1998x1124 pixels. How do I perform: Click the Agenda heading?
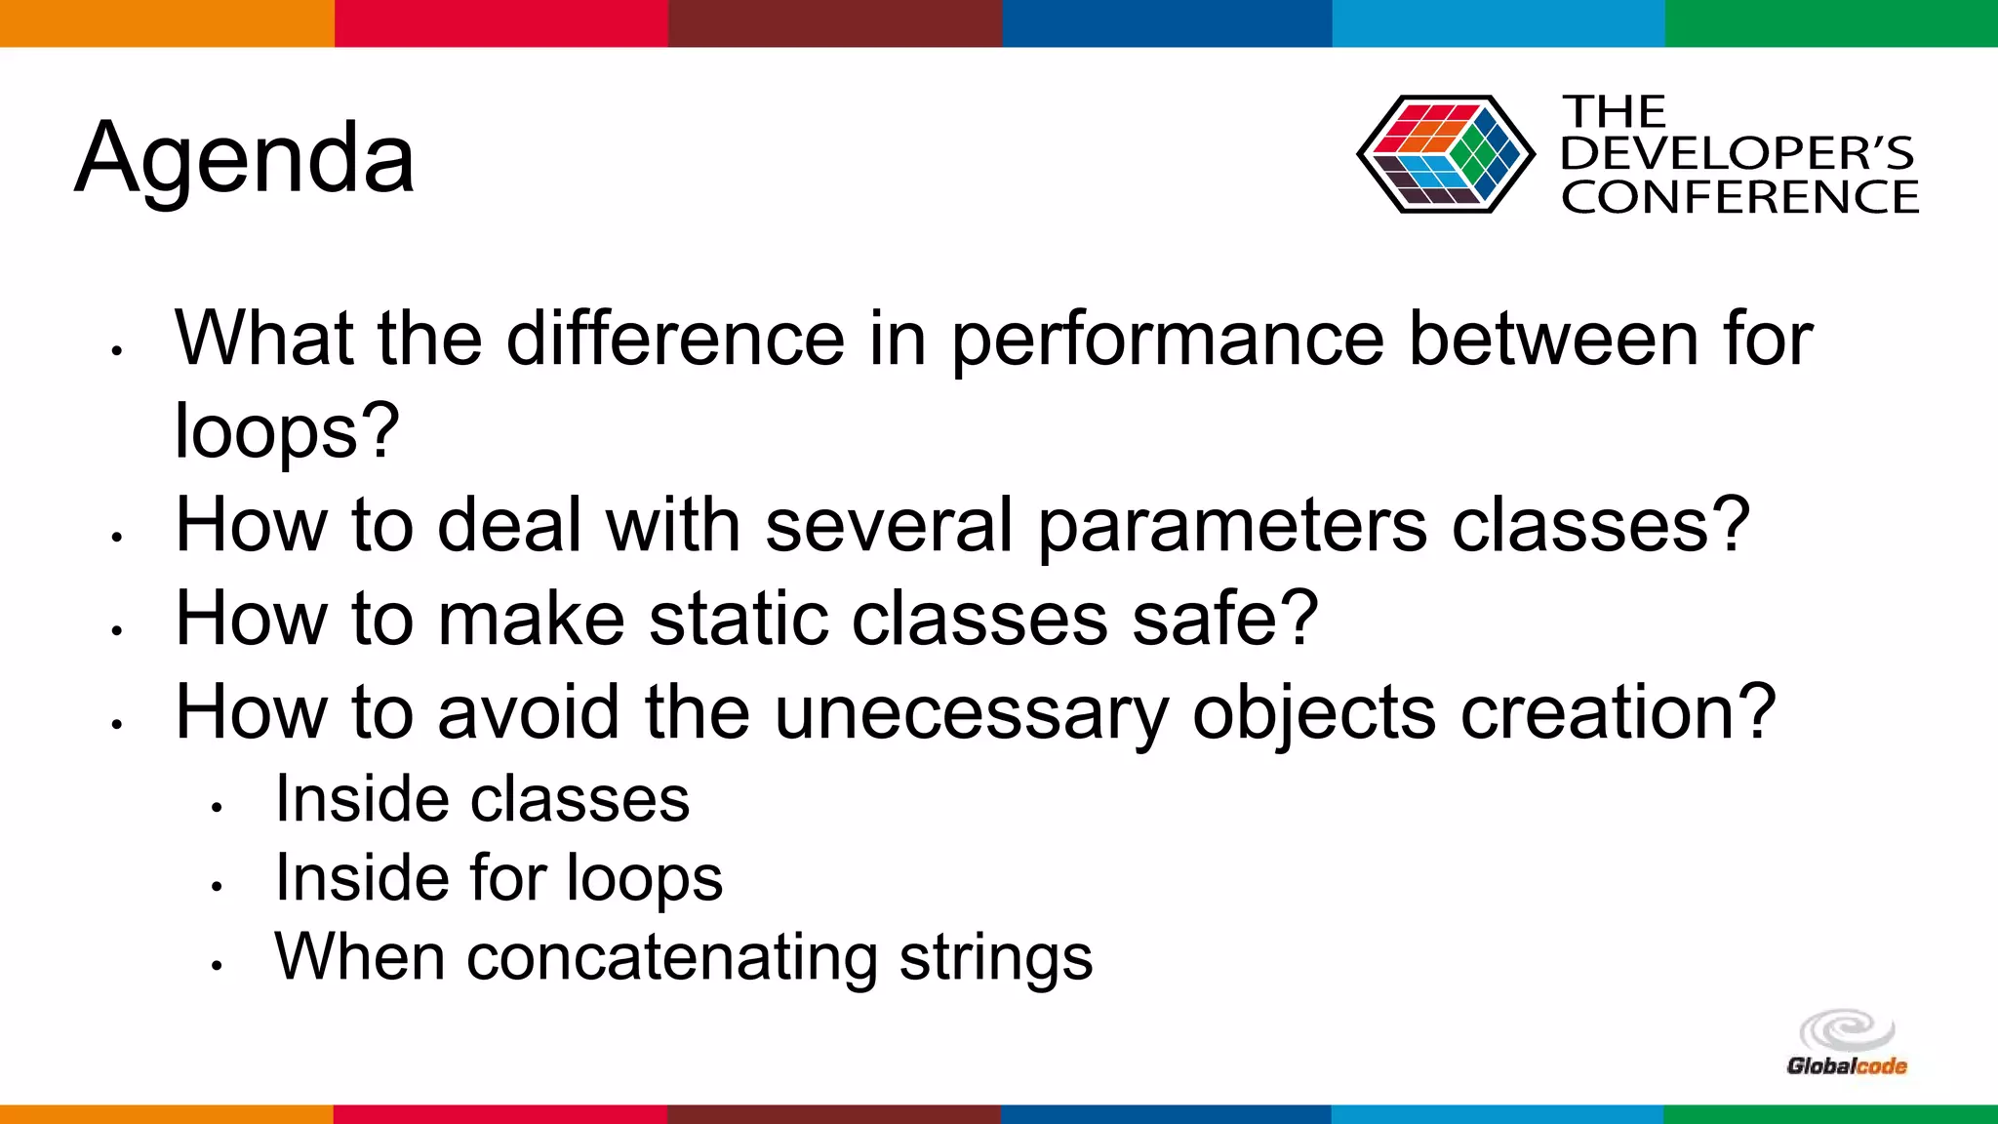click(x=245, y=159)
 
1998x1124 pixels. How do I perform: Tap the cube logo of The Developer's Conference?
click(x=1445, y=154)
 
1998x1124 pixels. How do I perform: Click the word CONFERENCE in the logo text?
click(x=1739, y=197)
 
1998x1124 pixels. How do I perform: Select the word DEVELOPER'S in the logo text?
click(x=1737, y=154)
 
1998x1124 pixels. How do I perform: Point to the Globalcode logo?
click(x=1847, y=1045)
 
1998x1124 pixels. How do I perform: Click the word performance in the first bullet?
click(x=1168, y=340)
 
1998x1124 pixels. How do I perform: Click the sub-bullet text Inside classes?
click(x=482, y=800)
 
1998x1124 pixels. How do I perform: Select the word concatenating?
click(x=672, y=958)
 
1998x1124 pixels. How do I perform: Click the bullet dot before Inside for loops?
click(x=217, y=886)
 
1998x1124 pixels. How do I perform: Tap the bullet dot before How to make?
click(x=116, y=630)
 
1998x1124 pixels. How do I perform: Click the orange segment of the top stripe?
click(x=166, y=22)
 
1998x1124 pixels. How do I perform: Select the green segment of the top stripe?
click(x=1831, y=22)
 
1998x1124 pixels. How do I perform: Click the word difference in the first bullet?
click(x=675, y=339)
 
